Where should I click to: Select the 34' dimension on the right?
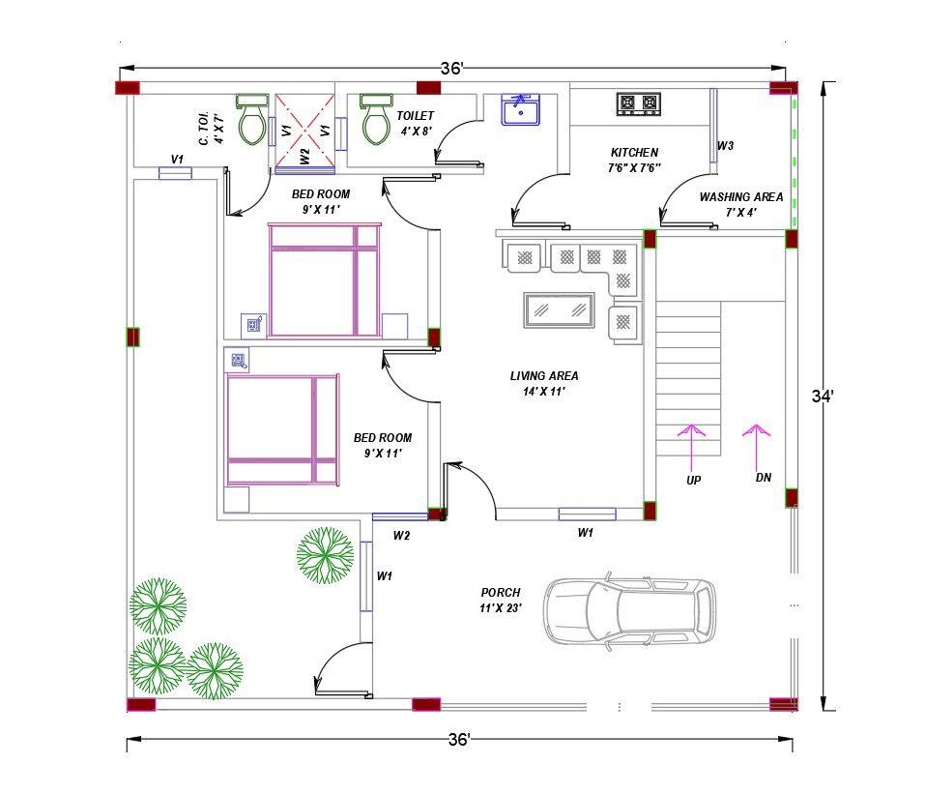[x=822, y=396]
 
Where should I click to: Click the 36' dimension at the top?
[x=452, y=69]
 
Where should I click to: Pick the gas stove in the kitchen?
[x=639, y=103]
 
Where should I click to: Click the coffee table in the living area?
[x=557, y=309]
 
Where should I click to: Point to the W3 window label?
[x=725, y=146]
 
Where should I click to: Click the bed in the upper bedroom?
[x=325, y=280]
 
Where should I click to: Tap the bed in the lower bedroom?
[x=282, y=429]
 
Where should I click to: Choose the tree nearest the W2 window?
[x=325, y=555]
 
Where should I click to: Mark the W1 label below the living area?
[x=585, y=532]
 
